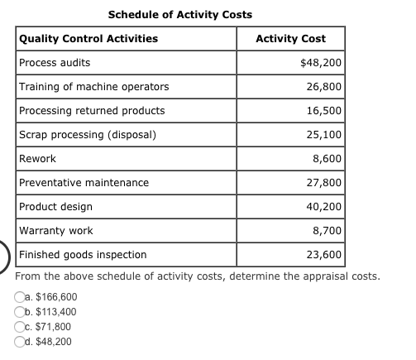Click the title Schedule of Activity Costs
[180, 14]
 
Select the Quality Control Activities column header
[88, 39]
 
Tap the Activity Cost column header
[290, 39]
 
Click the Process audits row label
[55, 63]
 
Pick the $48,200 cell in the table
[321, 63]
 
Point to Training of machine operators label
[93, 87]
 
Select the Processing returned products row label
[92, 111]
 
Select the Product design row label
[55, 207]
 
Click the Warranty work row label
[55, 231]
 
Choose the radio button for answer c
[20, 327]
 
